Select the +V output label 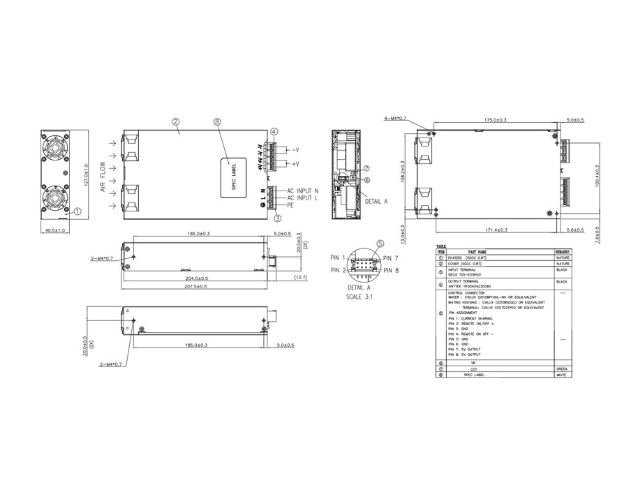coord(296,163)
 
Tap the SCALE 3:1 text coord(359,294)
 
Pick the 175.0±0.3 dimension coord(495,120)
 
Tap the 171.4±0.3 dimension coord(493,230)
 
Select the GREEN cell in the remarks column coord(561,368)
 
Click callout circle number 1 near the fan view coord(77,209)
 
